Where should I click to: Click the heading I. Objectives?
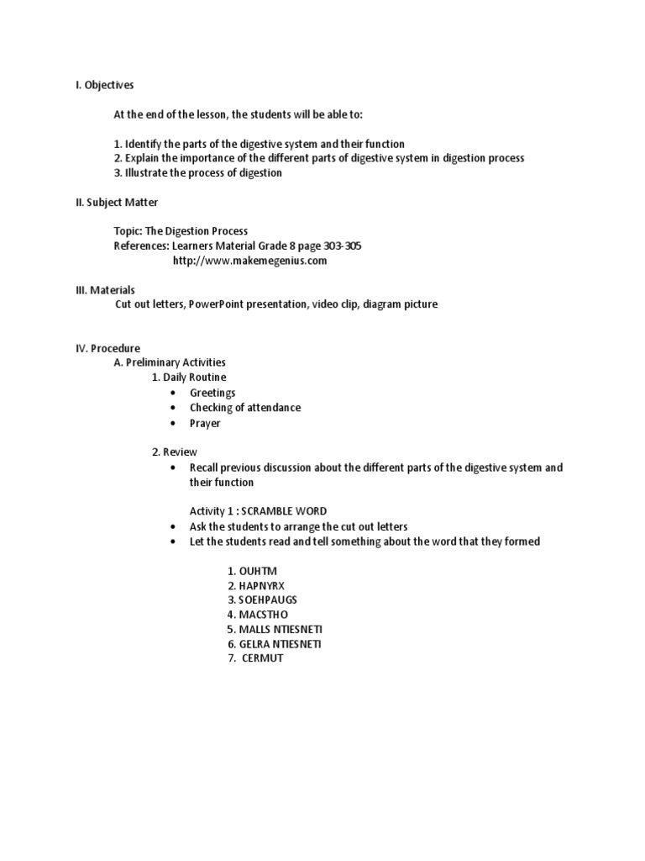coord(105,85)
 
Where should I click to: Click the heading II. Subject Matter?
coord(117,203)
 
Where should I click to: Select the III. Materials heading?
coord(105,290)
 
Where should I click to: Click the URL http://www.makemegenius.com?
coord(249,261)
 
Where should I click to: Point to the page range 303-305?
coord(343,246)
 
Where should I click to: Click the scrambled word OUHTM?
coord(258,572)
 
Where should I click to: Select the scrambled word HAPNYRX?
coord(262,586)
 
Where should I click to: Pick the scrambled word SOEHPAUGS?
coord(268,600)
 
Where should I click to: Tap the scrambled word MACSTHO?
coord(264,615)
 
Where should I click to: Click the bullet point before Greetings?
coord(173,394)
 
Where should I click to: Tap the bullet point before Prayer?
coord(173,423)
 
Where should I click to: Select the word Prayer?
coord(205,423)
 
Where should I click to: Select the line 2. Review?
coord(175,452)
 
